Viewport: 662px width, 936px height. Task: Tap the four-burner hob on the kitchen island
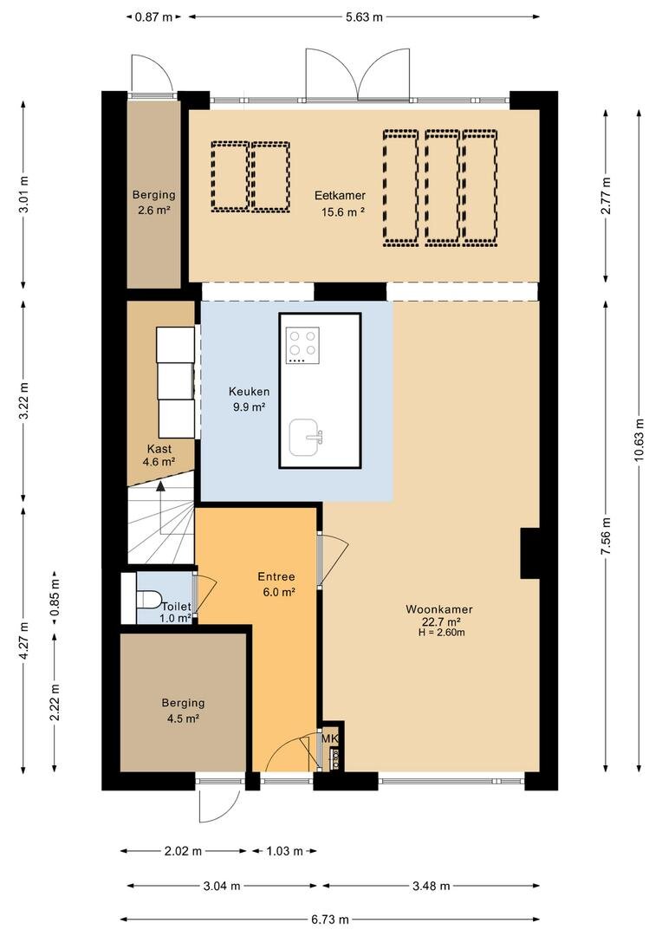tap(302, 346)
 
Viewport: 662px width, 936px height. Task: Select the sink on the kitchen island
tap(306, 437)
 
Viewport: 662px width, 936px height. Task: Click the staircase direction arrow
tap(160, 507)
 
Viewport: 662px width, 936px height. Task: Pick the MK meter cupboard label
tap(330, 738)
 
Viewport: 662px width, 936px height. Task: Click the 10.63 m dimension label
tap(639, 439)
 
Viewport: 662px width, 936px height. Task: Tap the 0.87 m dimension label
tap(153, 17)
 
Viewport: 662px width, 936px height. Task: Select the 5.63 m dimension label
tap(364, 17)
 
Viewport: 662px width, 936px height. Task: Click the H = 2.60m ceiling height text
tap(442, 633)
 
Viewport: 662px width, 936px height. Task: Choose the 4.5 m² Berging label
tap(183, 711)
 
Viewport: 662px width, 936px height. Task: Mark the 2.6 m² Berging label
tap(153, 202)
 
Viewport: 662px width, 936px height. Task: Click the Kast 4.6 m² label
tap(159, 455)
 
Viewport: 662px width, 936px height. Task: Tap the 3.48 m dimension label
tap(431, 886)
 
